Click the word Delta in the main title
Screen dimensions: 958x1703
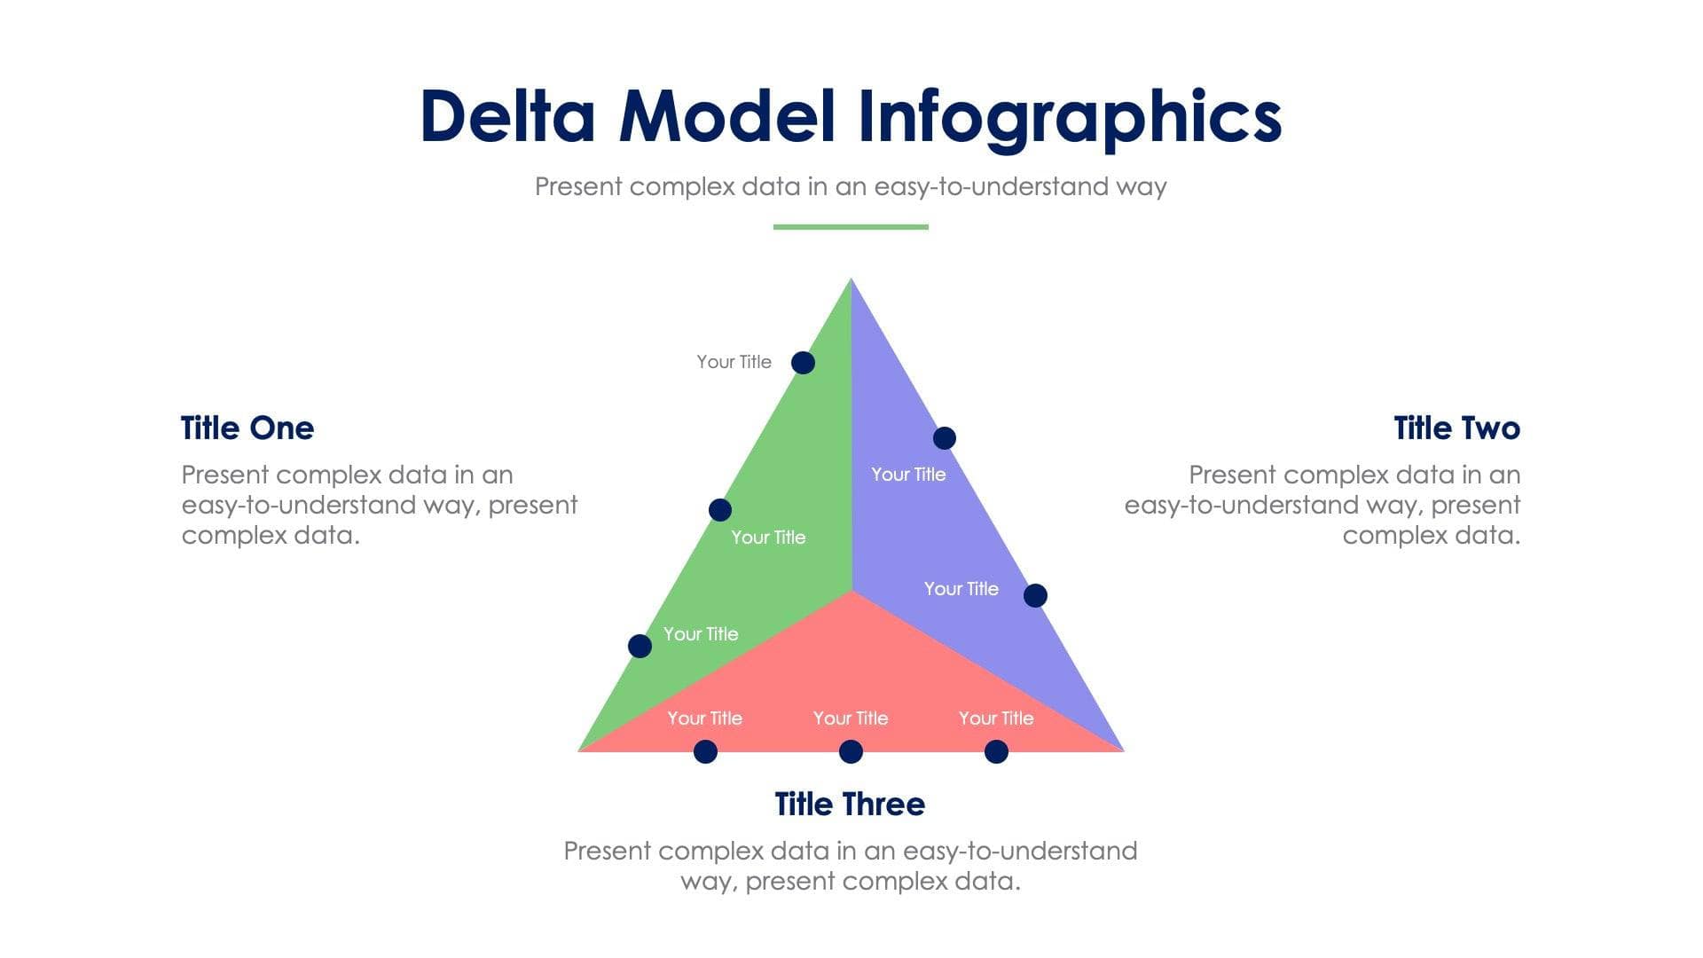pos(507,116)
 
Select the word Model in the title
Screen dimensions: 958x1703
pos(727,116)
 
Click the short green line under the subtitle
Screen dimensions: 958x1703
pos(851,227)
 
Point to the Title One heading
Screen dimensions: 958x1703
pos(247,428)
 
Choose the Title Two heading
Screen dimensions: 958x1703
pos(1456,428)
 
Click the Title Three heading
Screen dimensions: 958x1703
pos(850,804)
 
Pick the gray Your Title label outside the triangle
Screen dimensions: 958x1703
pos(734,362)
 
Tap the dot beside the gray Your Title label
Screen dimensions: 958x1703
pos(803,362)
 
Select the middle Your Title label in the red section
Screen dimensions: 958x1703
pos(851,718)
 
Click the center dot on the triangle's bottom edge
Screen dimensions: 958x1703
pos(851,752)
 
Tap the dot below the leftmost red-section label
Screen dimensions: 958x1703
pos(705,752)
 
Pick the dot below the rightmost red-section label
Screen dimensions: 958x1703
pos(996,752)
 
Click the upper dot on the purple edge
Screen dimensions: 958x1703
pos(945,438)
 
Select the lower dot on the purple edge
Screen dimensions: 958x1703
pos(1035,595)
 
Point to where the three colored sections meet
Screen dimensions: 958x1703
pos(852,591)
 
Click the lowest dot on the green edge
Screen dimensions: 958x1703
pos(640,646)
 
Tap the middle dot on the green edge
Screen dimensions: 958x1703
pos(720,510)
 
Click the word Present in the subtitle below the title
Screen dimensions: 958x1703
pos(578,186)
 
